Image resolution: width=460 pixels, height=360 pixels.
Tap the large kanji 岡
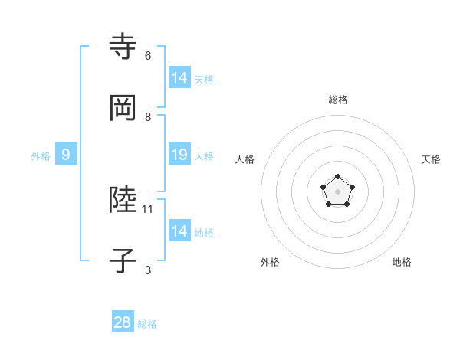pyautogui.click(x=123, y=108)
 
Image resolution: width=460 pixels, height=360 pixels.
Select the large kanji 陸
pyautogui.click(x=123, y=201)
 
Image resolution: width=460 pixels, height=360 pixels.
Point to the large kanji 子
pyautogui.click(x=123, y=262)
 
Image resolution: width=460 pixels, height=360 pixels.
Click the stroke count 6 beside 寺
pyautogui.click(x=148, y=56)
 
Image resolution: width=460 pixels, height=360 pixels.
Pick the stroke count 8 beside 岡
pyautogui.click(x=148, y=117)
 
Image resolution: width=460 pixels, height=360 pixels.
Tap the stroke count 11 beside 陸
pyautogui.click(x=149, y=208)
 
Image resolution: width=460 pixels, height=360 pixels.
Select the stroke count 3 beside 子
pyautogui.click(x=148, y=270)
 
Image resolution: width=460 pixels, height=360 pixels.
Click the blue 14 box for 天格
pyautogui.click(x=179, y=77)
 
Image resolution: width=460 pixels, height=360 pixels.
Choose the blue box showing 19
pyautogui.click(x=179, y=155)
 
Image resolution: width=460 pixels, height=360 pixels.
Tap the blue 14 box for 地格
pyautogui.click(x=179, y=231)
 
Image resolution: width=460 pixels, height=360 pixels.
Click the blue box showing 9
pyautogui.click(x=66, y=155)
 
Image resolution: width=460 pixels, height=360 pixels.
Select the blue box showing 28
pyautogui.click(x=123, y=322)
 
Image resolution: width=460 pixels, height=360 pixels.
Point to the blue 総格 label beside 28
pyautogui.click(x=147, y=324)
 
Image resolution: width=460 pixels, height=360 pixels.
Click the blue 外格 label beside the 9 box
pyautogui.click(x=41, y=156)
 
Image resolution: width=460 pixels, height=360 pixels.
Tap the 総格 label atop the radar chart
pyautogui.click(x=337, y=100)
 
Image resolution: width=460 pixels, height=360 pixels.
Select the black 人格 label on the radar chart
pyautogui.click(x=245, y=159)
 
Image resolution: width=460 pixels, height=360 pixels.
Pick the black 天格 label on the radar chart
pyautogui.click(x=431, y=159)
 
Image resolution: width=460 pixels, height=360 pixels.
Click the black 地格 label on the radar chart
pyautogui.click(x=402, y=262)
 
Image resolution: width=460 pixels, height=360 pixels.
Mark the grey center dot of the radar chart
pyautogui.click(x=337, y=191)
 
